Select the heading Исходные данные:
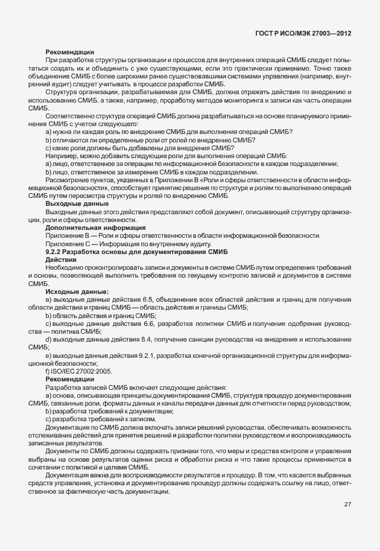click(x=73, y=291)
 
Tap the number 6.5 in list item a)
click(x=144, y=299)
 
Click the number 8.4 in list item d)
click(x=145, y=339)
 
